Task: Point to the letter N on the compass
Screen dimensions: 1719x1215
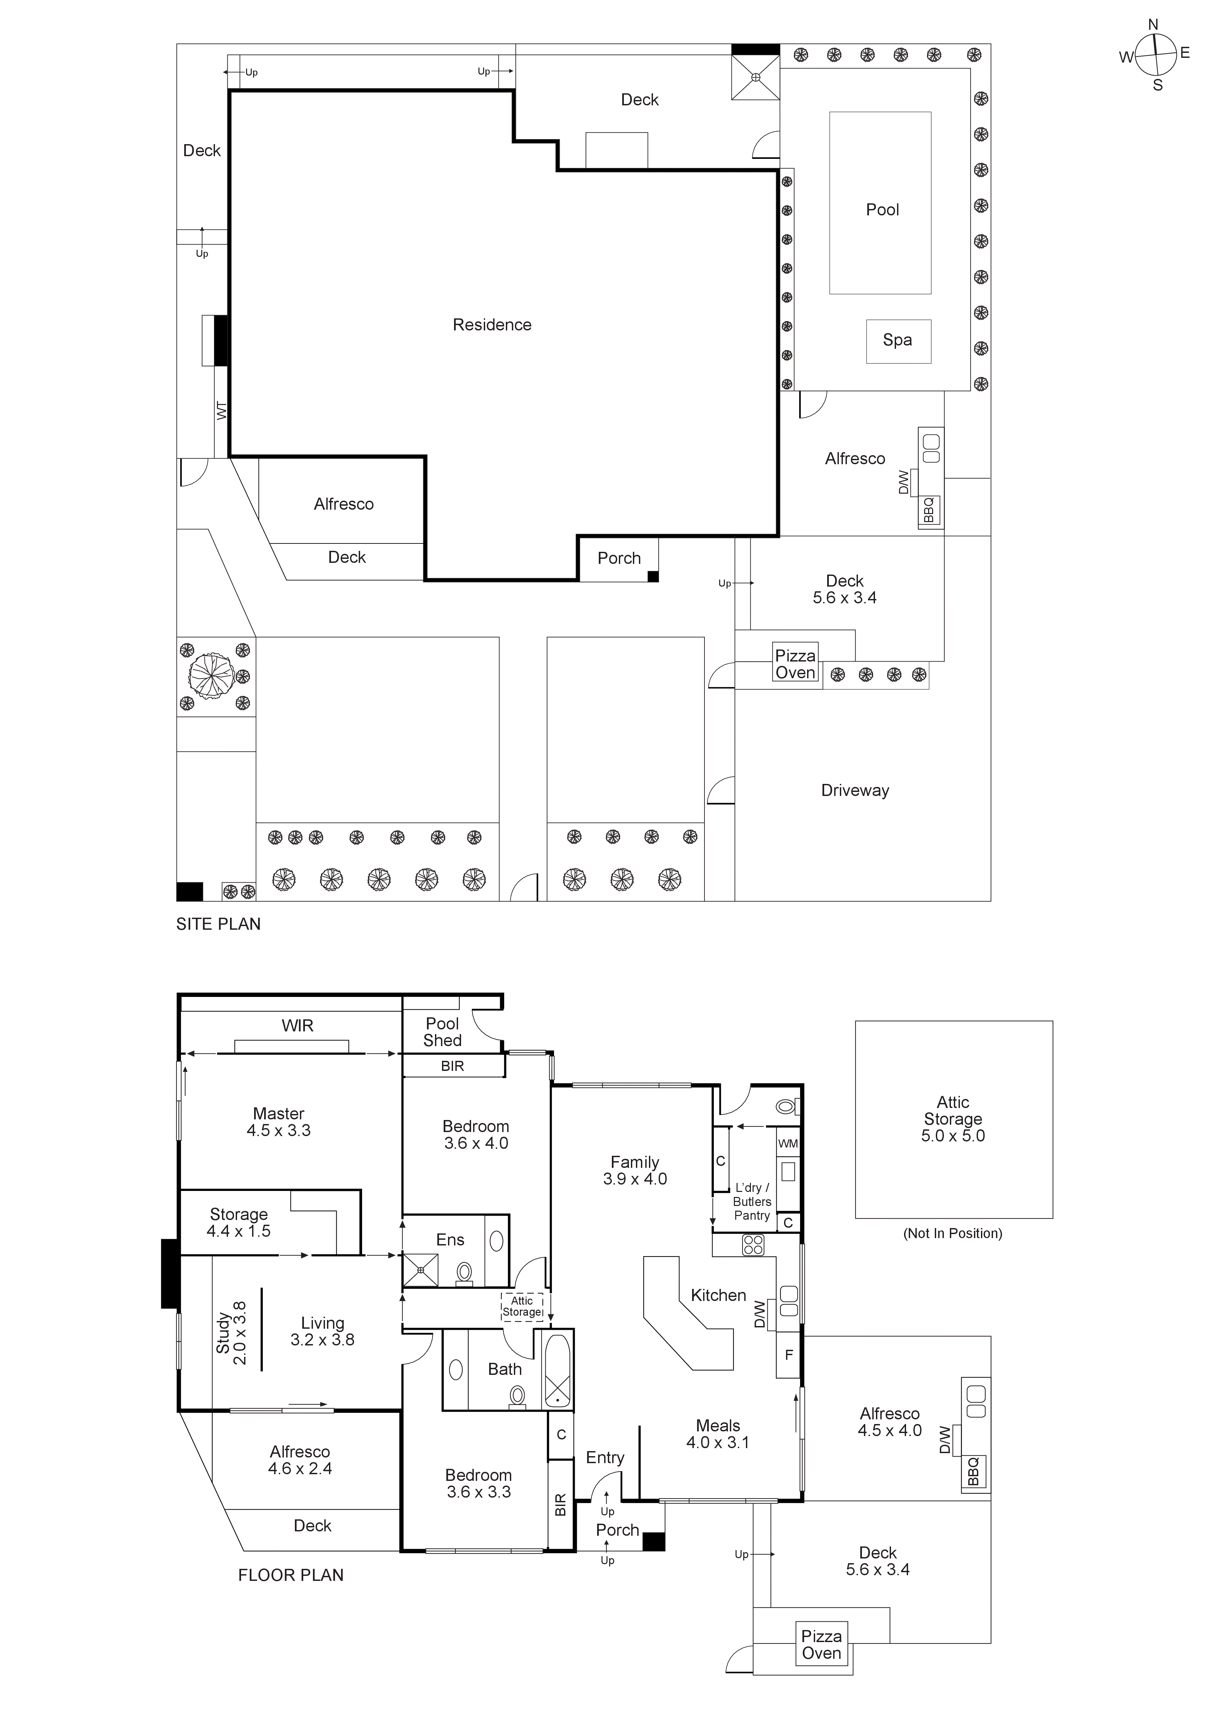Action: [1153, 25]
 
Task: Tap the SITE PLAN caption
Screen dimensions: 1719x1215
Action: [219, 924]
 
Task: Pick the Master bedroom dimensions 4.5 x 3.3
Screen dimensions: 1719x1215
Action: [279, 1130]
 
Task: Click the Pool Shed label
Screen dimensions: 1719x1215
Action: [442, 1032]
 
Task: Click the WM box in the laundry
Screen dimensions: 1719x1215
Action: [787, 1143]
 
